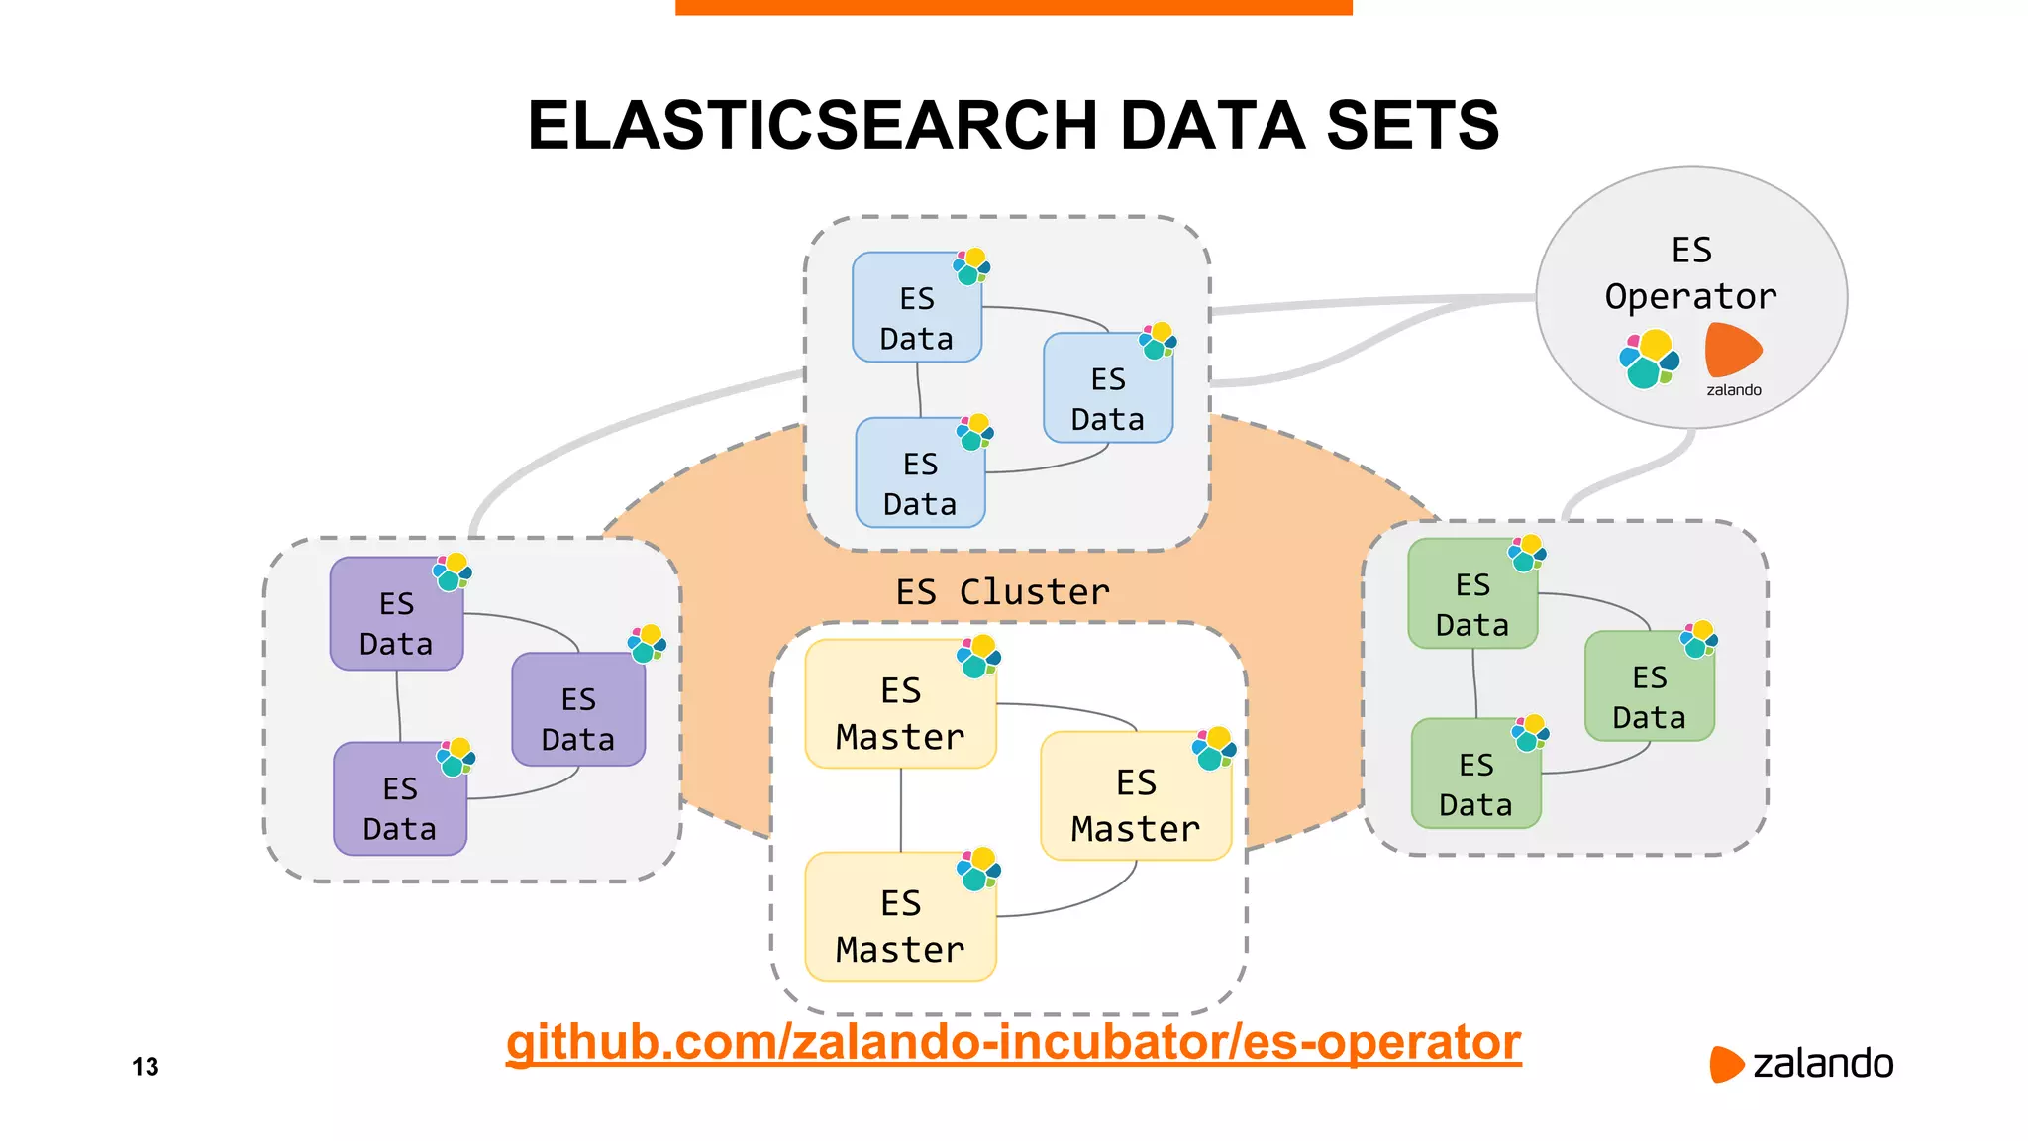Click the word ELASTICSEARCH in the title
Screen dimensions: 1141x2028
click(812, 126)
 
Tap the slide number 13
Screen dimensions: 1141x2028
click(146, 1067)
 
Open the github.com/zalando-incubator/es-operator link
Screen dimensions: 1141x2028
click(1013, 1042)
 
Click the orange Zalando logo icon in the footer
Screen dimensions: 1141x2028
click(1725, 1064)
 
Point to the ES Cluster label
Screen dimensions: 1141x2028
click(1002, 592)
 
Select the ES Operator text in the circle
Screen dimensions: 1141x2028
click(1690, 274)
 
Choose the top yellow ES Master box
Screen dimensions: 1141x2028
click(900, 705)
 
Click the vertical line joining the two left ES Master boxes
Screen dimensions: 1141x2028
click(900, 810)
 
